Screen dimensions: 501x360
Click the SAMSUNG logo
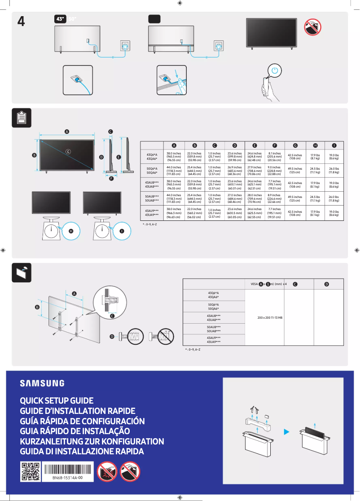pos(42,383)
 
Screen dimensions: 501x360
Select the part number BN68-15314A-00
pos(67,478)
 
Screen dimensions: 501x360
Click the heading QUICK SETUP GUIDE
pos(57,400)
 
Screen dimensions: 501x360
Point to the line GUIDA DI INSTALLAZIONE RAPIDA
pos(82,451)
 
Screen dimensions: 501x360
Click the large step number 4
pos(21,21)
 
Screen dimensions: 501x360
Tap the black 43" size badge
pos(60,19)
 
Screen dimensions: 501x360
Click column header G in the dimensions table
pos(295,145)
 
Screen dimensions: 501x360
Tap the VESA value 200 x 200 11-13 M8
pos(270,317)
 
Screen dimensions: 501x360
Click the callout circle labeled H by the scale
pos(71,231)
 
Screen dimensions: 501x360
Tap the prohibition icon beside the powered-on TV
pos(312,28)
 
